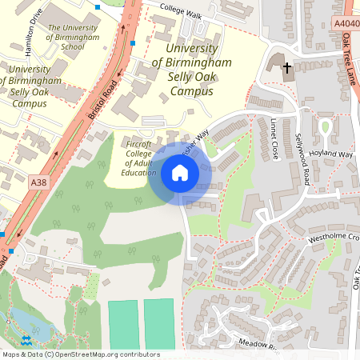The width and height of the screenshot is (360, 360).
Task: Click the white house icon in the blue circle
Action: tap(180, 172)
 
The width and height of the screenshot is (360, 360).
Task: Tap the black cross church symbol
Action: tap(286, 68)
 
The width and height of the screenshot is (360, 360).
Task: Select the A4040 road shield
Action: tap(345, 25)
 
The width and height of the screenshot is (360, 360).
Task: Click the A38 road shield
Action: tap(39, 183)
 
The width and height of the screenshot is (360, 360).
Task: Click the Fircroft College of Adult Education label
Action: tap(138, 158)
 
